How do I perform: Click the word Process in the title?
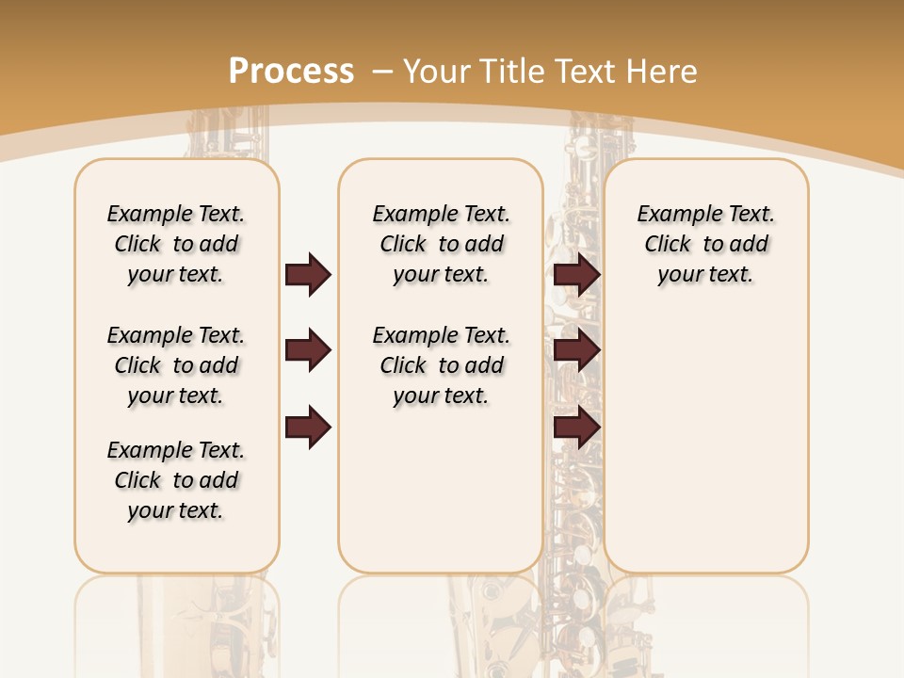pyautogui.click(x=291, y=72)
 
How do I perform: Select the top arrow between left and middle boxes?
pyautogui.click(x=308, y=274)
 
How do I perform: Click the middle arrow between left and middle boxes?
pyautogui.click(x=308, y=350)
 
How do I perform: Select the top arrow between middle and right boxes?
pyautogui.click(x=576, y=274)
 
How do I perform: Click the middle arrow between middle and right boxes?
pyautogui.click(x=576, y=350)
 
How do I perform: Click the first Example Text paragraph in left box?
pyautogui.click(x=176, y=244)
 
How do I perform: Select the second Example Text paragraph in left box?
pyautogui.click(x=176, y=365)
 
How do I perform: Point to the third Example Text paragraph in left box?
pyautogui.click(x=176, y=480)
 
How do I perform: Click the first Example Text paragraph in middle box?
pyautogui.click(x=441, y=244)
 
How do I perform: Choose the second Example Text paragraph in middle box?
pyautogui.click(x=441, y=365)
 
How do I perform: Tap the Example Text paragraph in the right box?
pyautogui.click(x=705, y=244)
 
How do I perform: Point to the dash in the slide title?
pyautogui.click(x=382, y=72)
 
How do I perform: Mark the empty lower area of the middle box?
pyautogui.click(x=441, y=490)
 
